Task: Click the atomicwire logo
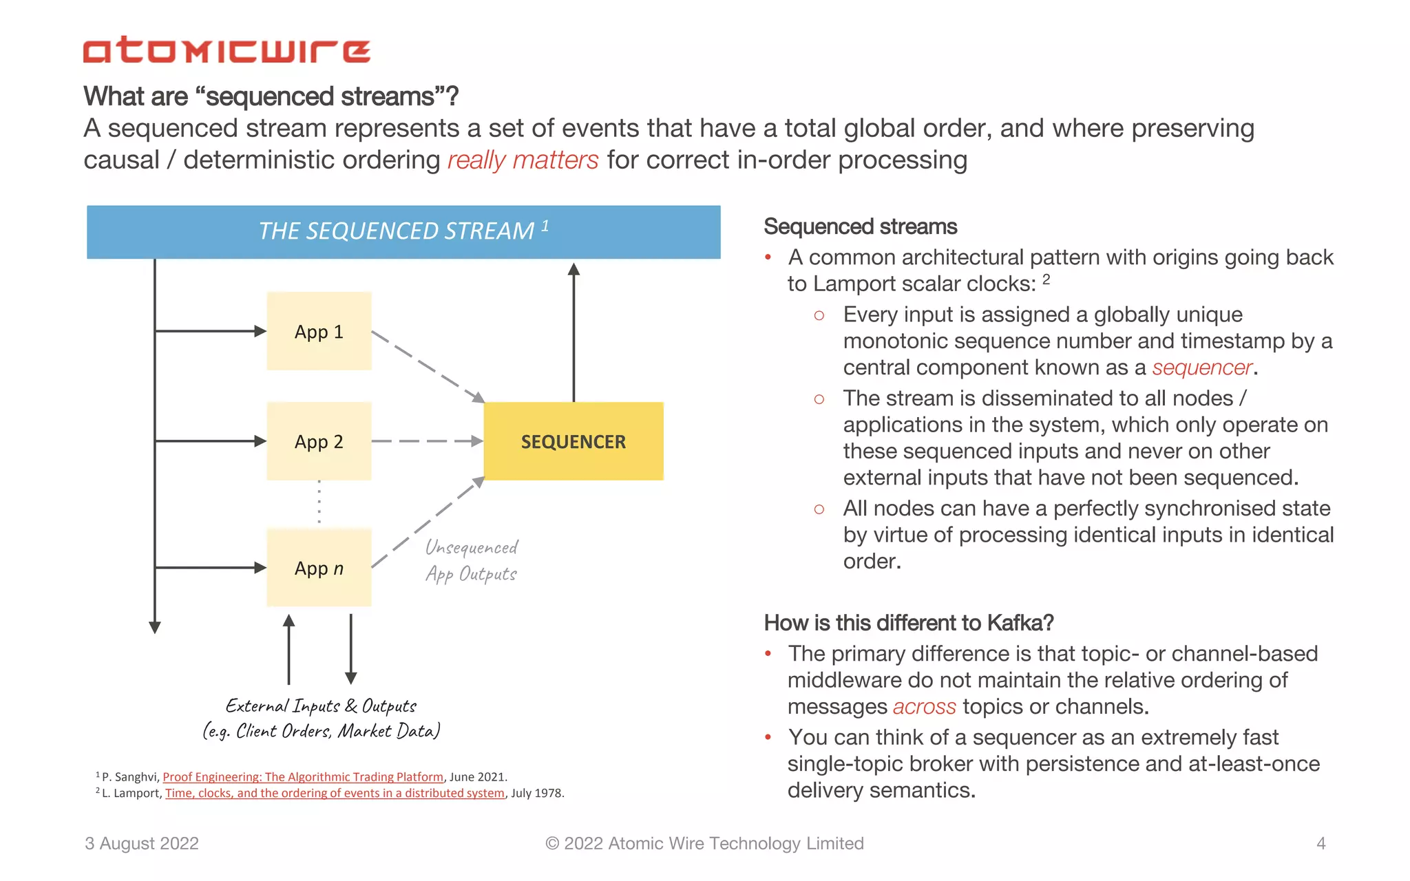(x=227, y=50)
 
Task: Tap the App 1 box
(x=319, y=331)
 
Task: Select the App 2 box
(x=319, y=441)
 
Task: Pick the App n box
(x=319, y=568)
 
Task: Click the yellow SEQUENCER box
(x=574, y=441)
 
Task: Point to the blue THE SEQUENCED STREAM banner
(x=403, y=231)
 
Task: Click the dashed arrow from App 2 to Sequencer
(x=427, y=441)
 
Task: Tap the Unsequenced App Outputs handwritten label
(x=472, y=560)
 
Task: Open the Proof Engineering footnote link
(x=303, y=777)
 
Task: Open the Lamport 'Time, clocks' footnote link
(x=335, y=793)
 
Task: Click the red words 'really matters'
(x=523, y=160)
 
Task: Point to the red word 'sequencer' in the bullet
(x=1201, y=368)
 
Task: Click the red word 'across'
(x=924, y=707)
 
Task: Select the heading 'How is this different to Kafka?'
(x=908, y=623)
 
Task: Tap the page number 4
(x=1320, y=843)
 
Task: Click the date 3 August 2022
(x=142, y=843)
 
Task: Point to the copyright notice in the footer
(x=704, y=843)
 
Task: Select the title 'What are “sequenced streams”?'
(x=271, y=96)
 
